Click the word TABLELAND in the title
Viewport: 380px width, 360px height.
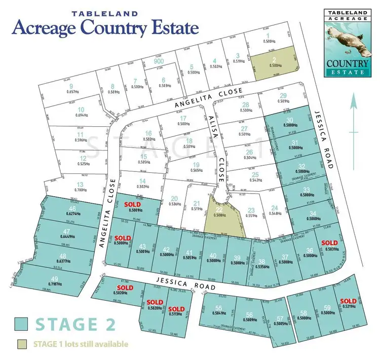105,14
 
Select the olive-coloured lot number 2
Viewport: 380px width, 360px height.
274,61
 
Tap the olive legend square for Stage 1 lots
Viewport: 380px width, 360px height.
22,344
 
